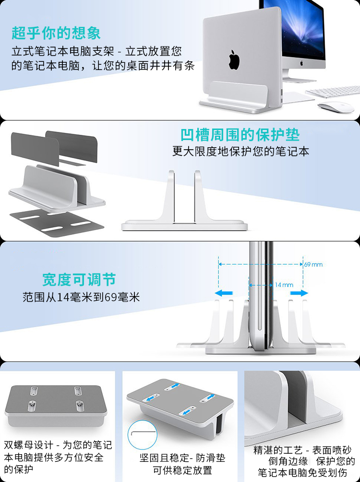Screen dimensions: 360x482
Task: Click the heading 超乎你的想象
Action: click(56, 33)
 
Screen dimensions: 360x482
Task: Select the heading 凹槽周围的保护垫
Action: click(240, 135)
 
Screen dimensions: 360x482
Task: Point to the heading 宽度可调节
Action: click(79, 280)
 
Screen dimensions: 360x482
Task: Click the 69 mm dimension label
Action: click(313, 264)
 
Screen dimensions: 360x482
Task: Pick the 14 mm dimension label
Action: click(284, 285)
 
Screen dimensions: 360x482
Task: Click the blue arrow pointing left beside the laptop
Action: click(224, 293)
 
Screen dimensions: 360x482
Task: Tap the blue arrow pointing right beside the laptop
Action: click(299, 293)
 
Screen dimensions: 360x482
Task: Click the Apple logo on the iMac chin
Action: click(302, 63)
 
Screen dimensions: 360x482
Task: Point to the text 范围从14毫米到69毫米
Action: click(81, 297)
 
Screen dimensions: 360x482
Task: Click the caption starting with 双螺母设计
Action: click(58, 457)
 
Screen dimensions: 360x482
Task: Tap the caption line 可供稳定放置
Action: click(183, 470)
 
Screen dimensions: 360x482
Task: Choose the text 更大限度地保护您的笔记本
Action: click(240, 151)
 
